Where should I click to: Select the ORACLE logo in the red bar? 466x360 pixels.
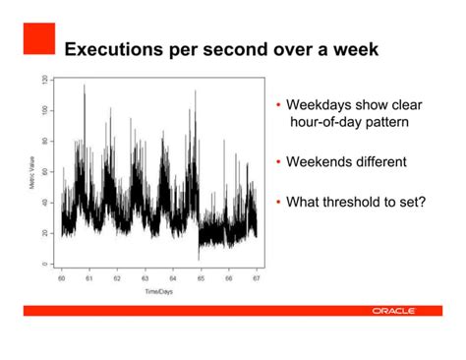click(x=393, y=311)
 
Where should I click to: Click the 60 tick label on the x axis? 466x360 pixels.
click(x=61, y=279)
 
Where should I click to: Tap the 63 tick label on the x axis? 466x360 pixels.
click(x=145, y=279)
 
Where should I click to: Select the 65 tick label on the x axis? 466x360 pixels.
click(x=201, y=279)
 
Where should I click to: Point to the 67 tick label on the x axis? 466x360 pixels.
click(x=257, y=279)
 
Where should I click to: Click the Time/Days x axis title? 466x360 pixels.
click(x=158, y=292)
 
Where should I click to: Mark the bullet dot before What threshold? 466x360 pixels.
click(x=278, y=203)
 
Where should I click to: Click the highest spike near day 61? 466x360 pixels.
click(x=85, y=87)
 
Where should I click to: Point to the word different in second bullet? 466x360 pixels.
click(x=385, y=161)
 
